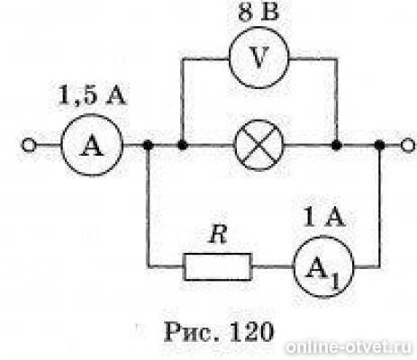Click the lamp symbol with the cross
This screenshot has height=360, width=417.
pos(258,145)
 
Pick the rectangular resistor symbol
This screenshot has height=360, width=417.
pos(218,266)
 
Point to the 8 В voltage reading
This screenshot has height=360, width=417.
pos(258,13)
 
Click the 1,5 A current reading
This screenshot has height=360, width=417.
pos(91,95)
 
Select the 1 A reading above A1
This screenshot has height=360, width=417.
pos(323,217)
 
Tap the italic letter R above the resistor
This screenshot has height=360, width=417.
pos(218,234)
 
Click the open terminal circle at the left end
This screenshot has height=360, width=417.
pos(29,146)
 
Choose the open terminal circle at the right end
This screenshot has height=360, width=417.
pos(408,146)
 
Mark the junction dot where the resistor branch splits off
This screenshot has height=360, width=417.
pos(148,146)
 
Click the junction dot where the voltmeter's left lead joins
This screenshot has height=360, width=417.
pos(183,146)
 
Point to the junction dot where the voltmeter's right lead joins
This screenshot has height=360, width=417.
pos(337,146)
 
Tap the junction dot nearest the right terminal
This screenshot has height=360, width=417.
pos(380,146)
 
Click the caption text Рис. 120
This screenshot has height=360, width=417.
pos(219,332)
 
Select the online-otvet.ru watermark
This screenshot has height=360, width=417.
pos(349,347)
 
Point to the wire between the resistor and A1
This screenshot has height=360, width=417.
pos(273,266)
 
